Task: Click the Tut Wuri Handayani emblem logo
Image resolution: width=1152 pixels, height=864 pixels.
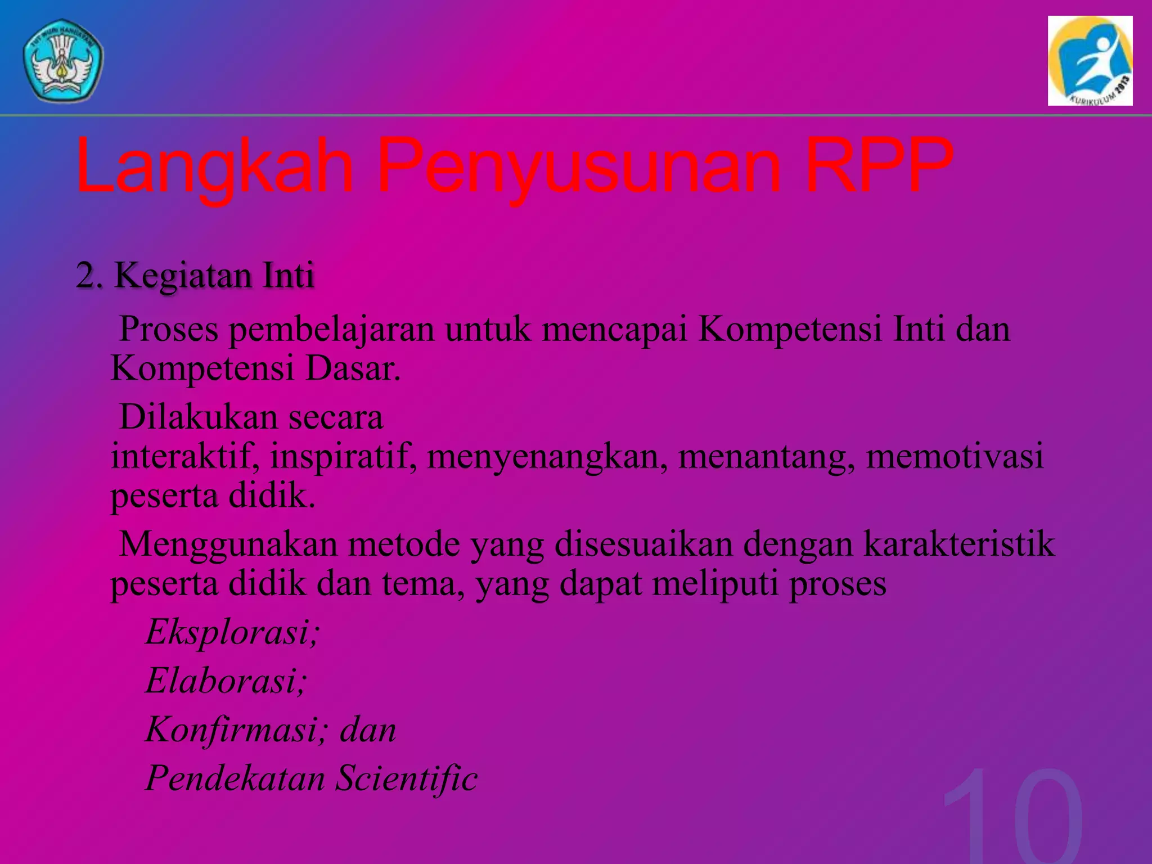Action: click(x=63, y=61)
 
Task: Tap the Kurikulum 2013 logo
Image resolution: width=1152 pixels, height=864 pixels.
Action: click(x=1090, y=61)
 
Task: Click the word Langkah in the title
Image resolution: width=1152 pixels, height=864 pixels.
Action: click(x=214, y=166)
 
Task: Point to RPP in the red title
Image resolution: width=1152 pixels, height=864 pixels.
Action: click(x=879, y=166)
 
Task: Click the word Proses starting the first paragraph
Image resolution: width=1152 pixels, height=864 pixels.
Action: click(x=169, y=329)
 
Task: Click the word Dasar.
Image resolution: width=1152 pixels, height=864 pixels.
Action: click(x=353, y=369)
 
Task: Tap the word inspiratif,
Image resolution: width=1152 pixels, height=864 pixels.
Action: click(x=344, y=457)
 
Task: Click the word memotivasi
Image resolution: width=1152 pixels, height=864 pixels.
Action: click(x=955, y=457)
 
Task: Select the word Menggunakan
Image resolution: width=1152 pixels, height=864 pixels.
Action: click(x=228, y=544)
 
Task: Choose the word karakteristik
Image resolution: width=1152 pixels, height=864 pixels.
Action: click(x=959, y=544)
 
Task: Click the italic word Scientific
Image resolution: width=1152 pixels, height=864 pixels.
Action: click(x=407, y=778)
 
